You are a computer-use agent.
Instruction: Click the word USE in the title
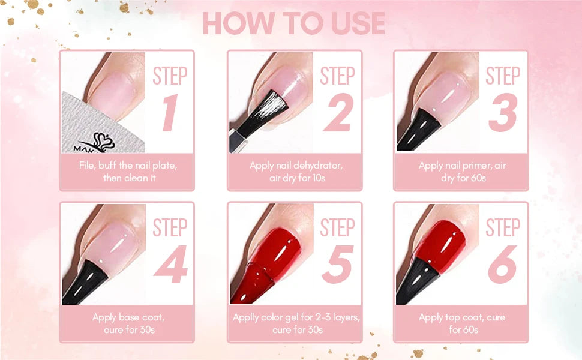(358, 23)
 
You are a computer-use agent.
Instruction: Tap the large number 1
(170, 112)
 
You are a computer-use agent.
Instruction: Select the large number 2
(338, 112)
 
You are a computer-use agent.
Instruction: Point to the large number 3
(503, 112)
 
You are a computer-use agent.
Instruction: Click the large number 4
(171, 264)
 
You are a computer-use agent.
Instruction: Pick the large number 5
(338, 265)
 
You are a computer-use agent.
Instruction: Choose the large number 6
(503, 265)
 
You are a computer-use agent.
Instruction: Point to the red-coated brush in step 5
(253, 284)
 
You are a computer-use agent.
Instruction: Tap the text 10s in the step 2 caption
(319, 178)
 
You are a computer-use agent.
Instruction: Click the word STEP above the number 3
(503, 76)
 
